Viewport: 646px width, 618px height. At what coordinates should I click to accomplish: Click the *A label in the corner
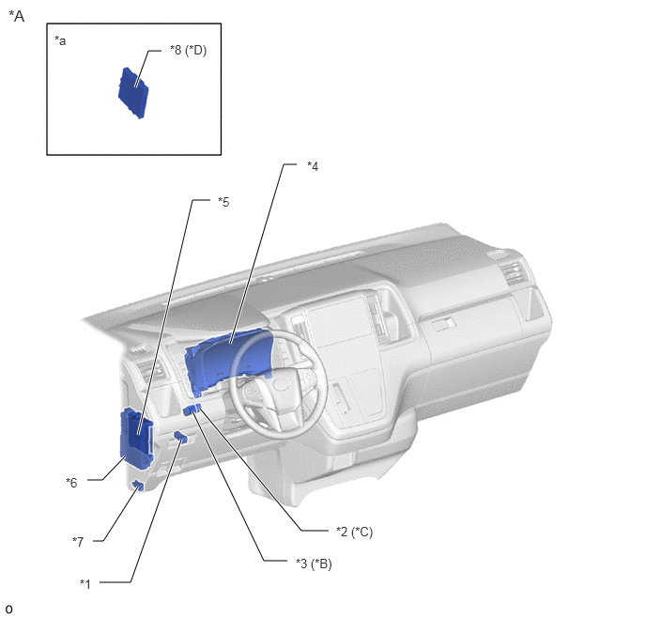tap(17, 16)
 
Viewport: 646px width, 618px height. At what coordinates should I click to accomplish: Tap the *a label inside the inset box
tap(60, 40)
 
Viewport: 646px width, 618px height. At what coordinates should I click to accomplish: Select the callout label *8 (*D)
tap(189, 51)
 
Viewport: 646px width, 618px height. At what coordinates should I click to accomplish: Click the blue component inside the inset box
tap(133, 93)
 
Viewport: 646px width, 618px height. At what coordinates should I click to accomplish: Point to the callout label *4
tap(313, 166)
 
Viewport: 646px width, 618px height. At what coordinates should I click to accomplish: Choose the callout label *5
tap(223, 202)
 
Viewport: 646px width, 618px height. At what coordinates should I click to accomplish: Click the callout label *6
tap(71, 483)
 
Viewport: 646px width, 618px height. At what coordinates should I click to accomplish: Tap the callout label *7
tap(78, 541)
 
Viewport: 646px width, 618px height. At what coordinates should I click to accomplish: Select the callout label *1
tap(85, 584)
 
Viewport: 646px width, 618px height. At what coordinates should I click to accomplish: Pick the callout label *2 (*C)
tap(355, 532)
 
